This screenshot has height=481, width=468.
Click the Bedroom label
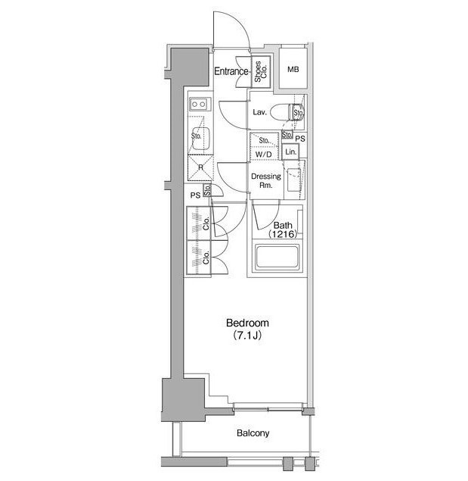(247, 323)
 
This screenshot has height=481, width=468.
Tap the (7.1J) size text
(247, 336)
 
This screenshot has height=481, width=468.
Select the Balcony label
(253, 433)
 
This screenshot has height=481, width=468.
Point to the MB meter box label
(293, 70)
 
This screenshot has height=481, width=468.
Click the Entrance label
(231, 71)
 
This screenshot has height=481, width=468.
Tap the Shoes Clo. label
(261, 71)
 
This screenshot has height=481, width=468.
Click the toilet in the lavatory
(287, 112)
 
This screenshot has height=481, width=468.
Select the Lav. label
(260, 112)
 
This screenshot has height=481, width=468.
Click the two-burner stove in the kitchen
(200, 105)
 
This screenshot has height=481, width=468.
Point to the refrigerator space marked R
(200, 168)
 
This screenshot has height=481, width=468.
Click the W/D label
(264, 155)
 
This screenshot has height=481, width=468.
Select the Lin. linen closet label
(290, 151)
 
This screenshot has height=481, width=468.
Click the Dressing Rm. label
(266, 181)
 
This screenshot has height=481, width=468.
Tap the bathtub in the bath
(277, 258)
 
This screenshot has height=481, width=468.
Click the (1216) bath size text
(283, 235)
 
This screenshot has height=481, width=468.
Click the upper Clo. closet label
(206, 223)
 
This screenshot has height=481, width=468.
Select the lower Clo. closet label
(206, 258)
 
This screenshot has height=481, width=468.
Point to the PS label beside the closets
(195, 195)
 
